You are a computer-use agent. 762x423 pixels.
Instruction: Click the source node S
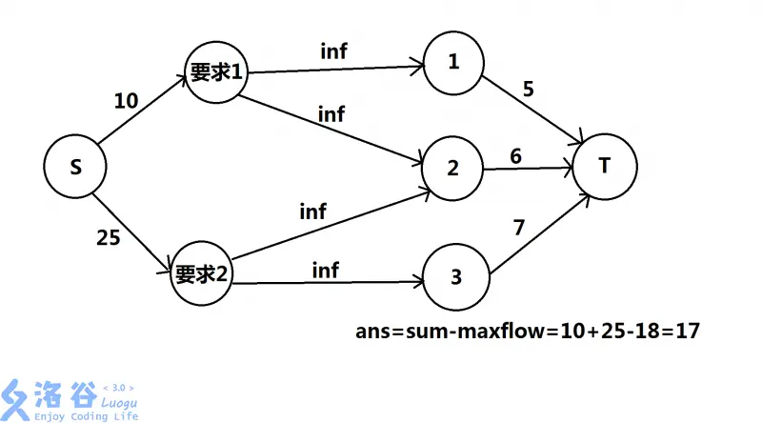click(x=75, y=168)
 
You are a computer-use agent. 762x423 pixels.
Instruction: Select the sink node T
click(x=604, y=167)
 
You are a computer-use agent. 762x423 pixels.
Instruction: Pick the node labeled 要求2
click(x=202, y=274)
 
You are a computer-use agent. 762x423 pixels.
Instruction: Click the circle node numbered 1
click(x=453, y=63)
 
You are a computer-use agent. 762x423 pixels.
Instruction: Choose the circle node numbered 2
click(x=453, y=169)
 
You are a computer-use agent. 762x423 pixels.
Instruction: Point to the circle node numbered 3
click(x=455, y=277)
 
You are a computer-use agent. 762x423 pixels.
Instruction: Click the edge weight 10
click(x=126, y=100)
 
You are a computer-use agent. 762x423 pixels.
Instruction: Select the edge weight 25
click(x=109, y=238)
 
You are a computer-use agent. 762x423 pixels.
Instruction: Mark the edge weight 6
click(x=515, y=156)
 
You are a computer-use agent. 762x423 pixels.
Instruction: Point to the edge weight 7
click(x=518, y=228)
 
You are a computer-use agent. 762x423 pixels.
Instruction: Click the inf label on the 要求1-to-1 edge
click(x=334, y=51)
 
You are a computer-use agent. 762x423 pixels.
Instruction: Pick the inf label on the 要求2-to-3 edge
click(x=326, y=271)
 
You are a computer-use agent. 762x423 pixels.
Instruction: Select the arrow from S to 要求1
click(x=143, y=113)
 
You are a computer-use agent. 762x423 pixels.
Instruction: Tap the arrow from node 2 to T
click(x=528, y=171)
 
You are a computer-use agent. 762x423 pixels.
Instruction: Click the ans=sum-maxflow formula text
click(x=529, y=331)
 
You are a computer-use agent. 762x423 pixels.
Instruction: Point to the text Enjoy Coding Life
click(x=85, y=416)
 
